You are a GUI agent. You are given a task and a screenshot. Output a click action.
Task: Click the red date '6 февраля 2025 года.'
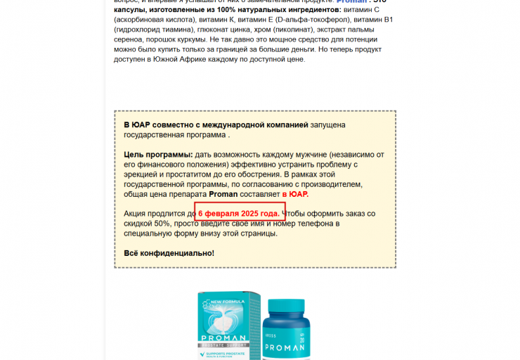tap(239, 213)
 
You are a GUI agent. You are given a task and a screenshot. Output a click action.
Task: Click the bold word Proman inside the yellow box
tap(224, 194)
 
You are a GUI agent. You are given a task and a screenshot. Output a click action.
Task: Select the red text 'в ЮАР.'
tap(295, 194)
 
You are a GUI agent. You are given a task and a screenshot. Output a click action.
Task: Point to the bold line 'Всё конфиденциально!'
tap(169, 253)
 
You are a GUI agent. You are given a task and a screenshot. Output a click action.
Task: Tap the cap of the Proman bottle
tap(287, 304)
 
